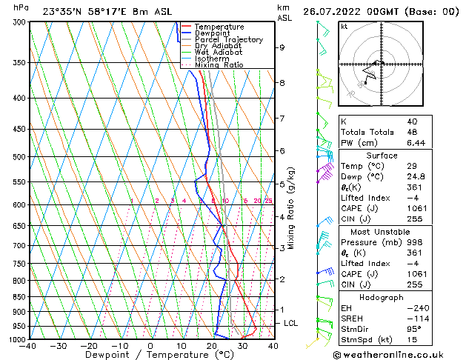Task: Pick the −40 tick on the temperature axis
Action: click(x=28, y=346)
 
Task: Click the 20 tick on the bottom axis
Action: click(x=212, y=346)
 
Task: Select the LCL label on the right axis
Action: click(x=291, y=324)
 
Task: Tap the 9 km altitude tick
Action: click(x=282, y=47)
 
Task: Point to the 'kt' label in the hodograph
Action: click(x=345, y=26)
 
